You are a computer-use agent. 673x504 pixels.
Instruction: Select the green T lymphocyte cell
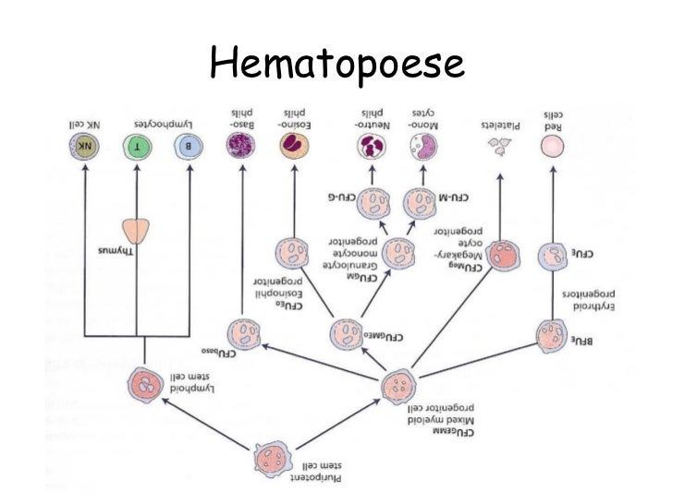pos(136,146)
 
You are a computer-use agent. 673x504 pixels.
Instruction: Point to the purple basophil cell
pos(241,146)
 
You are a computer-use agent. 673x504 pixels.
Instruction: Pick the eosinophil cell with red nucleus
pos(294,146)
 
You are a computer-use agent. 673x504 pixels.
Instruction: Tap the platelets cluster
pos(500,145)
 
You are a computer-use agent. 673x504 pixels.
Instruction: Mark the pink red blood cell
pos(552,146)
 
